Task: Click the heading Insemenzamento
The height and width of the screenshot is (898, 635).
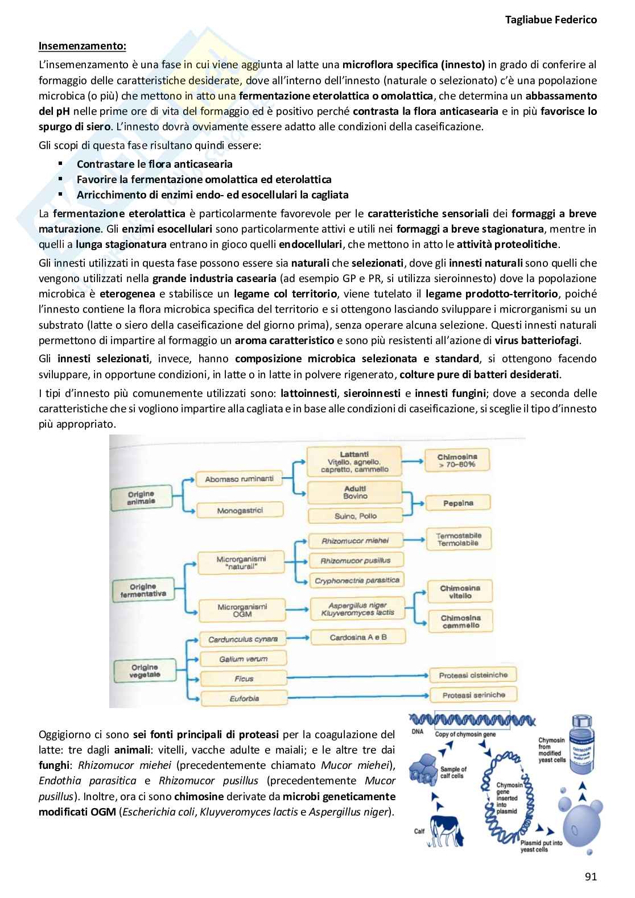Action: pyautogui.click(x=83, y=45)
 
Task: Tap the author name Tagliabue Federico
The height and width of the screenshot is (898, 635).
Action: pyautogui.click(x=551, y=20)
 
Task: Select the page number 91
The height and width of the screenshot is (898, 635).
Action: pyautogui.click(x=591, y=876)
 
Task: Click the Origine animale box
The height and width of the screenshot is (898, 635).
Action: pyautogui.click(x=141, y=498)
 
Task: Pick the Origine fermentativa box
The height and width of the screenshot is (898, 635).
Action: pyautogui.click(x=143, y=590)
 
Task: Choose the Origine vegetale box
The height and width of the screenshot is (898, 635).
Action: pyautogui.click(x=145, y=671)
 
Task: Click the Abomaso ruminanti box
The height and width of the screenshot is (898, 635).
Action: pyautogui.click(x=239, y=479)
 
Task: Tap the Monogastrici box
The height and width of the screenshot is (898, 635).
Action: pyautogui.click(x=240, y=511)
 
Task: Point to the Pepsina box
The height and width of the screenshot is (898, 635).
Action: pyautogui.click(x=458, y=503)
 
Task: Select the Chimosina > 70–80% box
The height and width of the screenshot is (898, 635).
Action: pyautogui.click(x=457, y=461)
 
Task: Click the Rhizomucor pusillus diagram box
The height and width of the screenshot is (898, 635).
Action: pyautogui.click(x=355, y=561)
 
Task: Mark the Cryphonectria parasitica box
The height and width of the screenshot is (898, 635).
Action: pyautogui.click(x=357, y=581)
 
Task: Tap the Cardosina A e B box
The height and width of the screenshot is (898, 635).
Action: pyautogui.click(x=358, y=638)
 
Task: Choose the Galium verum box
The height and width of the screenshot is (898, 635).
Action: pyautogui.click(x=243, y=659)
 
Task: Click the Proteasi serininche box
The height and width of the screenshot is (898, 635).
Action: pyautogui.click(x=473, y=695)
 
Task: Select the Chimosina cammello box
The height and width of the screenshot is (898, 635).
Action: pyautogui.click(x=460, y=622)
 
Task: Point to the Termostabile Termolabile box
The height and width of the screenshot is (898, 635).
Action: pyautogui.click(x=458, y=539)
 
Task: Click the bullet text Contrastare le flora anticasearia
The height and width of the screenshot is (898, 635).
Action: pyautogui.click(x=154, y=164)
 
